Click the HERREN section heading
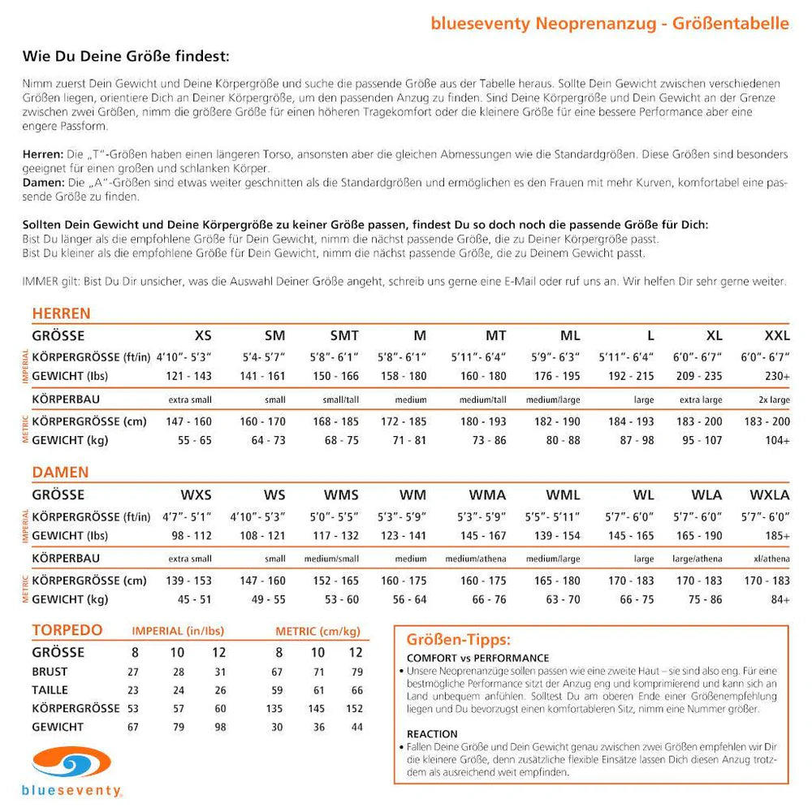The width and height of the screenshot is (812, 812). (x=61, y=313)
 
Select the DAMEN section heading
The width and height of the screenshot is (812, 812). (x=60, y=472)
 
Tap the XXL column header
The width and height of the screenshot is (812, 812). (x=776, y=335)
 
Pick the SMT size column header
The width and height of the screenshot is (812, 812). (x=344, y=335)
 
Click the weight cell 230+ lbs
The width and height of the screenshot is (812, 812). (x=777, y=376)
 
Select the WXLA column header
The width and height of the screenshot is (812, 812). (x=770, y=495)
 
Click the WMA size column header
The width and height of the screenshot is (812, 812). (x=487, y=495)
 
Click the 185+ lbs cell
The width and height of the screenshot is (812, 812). (x=777, y=536)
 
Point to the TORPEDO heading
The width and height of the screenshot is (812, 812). (x=67, y=631)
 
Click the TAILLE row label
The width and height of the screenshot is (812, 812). (x=50, y=689)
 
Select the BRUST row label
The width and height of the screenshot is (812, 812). (x=50, y=672)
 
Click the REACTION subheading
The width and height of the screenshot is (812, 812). (x=432, y=733)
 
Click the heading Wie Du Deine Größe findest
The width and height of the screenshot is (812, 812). (x=126, y=57)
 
